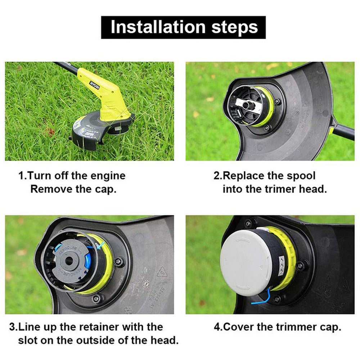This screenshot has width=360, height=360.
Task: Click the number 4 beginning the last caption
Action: click(x=217, y=327)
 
